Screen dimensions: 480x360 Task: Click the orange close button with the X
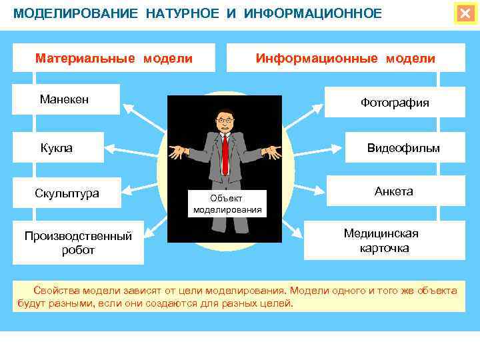click(465, 13)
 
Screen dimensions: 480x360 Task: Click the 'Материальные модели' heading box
click(114, 58)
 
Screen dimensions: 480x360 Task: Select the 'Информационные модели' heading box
click(345, 58)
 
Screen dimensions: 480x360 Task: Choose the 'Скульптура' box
click(67, 194)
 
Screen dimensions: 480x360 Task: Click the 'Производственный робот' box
click(78, 243)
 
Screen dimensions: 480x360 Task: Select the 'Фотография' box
click(395, 103)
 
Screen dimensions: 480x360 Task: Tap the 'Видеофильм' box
click(403, 148)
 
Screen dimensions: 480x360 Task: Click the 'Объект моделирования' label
click(227, 204)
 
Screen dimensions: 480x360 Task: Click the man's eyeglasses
click(225, 121)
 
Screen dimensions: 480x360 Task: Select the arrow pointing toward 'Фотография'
click(303, 116)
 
